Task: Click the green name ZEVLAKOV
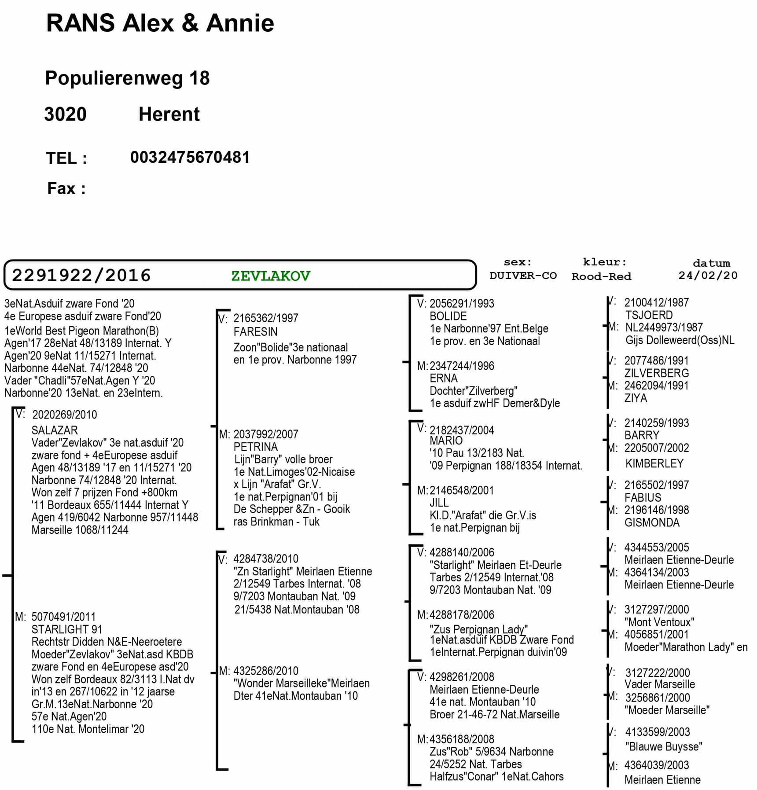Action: [x=270, y=276]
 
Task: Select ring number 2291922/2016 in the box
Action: [x=81, y=276]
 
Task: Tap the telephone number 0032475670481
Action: [x=190, y=158]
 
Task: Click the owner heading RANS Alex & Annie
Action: [x=160, y=23]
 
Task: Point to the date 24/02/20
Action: [x=707, y=276]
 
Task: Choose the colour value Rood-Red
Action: [x=601, y=276]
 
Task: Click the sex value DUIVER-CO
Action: [x=523, y=276]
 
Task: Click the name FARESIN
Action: [x=255, y=331]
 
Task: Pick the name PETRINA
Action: [x=255, y=447]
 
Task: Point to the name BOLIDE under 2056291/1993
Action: [x=448, y=316]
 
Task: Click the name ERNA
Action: [x=443, y=378]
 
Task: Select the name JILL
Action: [x=439, y=503]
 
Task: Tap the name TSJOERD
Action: [x=649, y=315]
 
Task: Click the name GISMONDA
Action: [x=652, y=522]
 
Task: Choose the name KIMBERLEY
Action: [x=654, y=463]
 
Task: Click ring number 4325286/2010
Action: [x=265, y=671]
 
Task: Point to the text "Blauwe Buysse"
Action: [x=663, y=746]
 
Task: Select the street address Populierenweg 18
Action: [x=127, y=78]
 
